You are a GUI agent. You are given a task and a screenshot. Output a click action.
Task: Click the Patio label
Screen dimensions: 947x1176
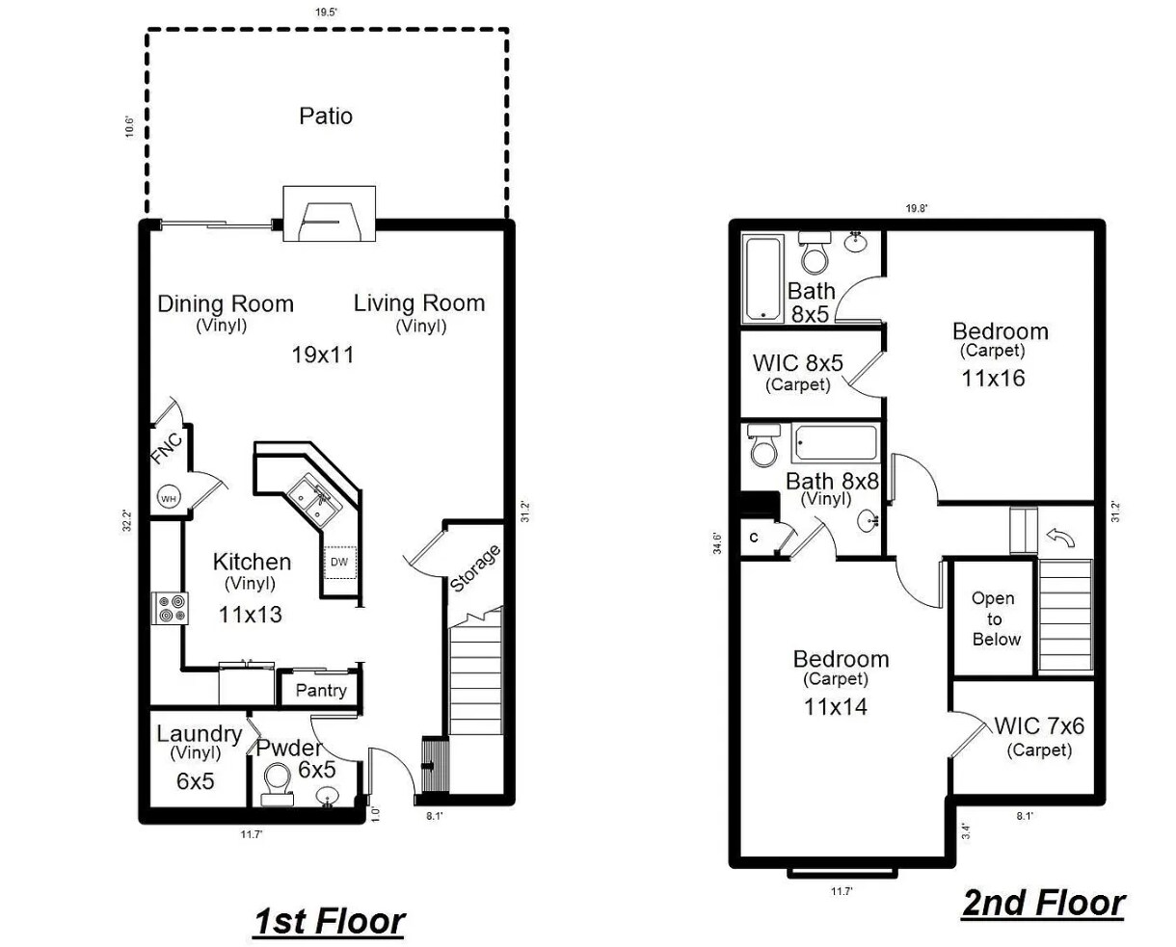point(326,116)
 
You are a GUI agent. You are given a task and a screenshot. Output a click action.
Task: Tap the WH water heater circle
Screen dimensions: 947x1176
point(168,498)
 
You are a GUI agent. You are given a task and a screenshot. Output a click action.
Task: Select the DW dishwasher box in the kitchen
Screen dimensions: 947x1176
point(339,562)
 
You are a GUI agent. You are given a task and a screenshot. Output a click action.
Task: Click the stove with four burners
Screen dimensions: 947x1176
point(170,609)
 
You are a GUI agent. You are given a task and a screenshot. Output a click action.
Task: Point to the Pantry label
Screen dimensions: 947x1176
point(320,690)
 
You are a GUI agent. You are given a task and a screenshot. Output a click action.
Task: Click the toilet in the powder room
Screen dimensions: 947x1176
point(277,781)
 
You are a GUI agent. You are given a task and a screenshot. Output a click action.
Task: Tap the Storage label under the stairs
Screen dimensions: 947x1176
point(475,568)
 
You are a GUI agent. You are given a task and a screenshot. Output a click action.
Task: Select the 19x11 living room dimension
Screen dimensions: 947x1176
point(323,355)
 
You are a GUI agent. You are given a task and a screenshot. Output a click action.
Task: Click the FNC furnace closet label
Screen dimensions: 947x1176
point(167,449)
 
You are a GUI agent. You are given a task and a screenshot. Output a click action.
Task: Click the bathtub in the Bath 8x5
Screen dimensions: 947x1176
point(762,279)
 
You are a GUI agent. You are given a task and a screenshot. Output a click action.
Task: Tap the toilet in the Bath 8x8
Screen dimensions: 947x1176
point(764,450)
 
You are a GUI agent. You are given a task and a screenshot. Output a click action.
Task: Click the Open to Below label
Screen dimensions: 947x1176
point(996,618)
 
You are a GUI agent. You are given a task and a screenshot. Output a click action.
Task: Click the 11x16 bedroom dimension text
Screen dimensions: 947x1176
point(993,378)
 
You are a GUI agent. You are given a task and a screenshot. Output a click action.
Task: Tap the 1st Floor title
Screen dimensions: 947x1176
point(329,921)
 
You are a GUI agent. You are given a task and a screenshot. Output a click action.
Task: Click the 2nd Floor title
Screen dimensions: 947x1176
point(1042,903)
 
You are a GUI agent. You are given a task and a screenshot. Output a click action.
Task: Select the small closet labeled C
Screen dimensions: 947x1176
point(754,539)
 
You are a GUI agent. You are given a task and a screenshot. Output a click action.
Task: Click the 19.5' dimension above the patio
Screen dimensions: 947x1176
point(326,13)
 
